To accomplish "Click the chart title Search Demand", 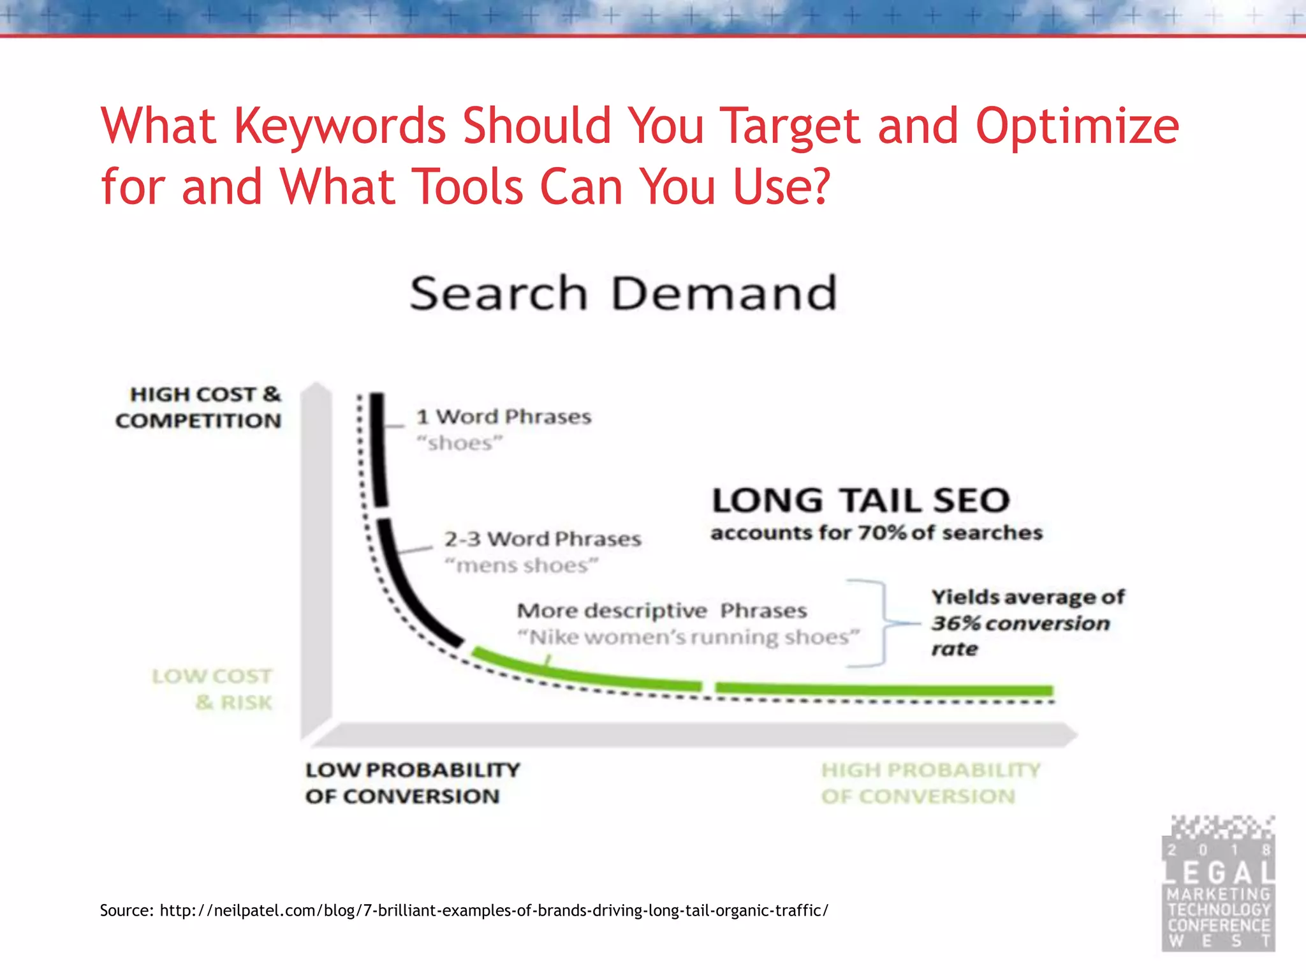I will [x=622, y=293].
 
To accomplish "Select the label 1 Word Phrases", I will [x=504, y=417].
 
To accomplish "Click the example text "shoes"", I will [x=460, y=443].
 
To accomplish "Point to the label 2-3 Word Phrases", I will [x=543, y=539].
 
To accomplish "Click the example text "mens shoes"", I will [x=522, y=565].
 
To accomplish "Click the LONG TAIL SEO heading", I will [x=861, y=500].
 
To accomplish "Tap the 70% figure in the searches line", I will [x=882, y=532].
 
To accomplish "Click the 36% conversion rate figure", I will [x=955, y=623].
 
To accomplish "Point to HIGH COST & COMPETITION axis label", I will [x=199, y=407].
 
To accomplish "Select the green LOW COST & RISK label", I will [x=213, y=689].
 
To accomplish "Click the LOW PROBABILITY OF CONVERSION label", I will [x=412, y=783].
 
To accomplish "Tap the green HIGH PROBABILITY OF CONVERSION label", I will [x=930, y=783].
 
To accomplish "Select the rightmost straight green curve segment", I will [x=884, y=689].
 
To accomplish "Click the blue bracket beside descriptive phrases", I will [x=883, y=623].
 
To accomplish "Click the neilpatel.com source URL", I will [x=494, y=910].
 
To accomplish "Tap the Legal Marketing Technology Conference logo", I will [x=1218, y=884].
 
